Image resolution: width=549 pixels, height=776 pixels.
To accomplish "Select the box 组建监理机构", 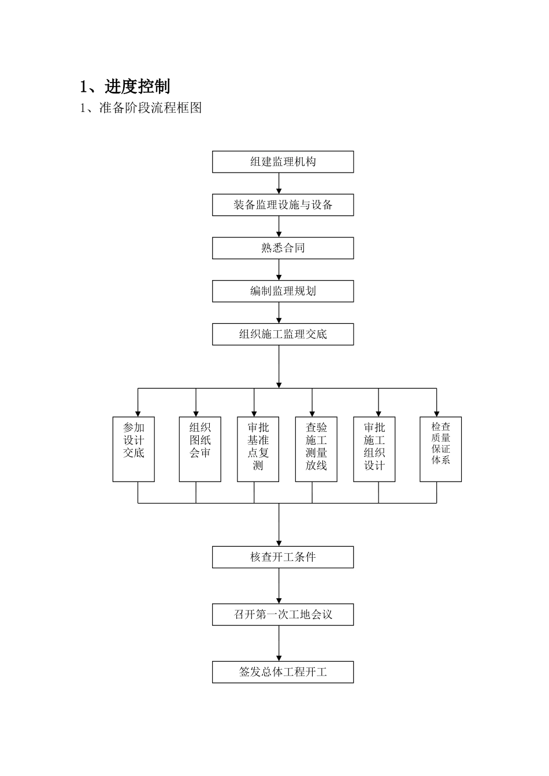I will click(x=283, y=162).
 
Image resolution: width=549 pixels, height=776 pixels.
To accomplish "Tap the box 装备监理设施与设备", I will click(x=283, y=205).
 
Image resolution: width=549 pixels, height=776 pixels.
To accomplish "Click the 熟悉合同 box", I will click(x=283, y=248).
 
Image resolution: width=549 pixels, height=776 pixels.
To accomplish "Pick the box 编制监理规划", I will click(x=283, y=291).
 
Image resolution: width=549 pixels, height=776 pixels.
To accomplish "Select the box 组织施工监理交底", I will click(x=283, y=334).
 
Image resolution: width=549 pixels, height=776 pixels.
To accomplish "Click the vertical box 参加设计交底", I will click(x=133, y=449).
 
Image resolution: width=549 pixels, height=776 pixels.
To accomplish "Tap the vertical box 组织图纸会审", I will click(x=200, y=449).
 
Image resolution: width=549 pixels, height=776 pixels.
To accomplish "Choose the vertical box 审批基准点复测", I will click(x=258, y=449).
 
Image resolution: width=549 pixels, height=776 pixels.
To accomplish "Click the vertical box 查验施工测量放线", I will click(x=316, y=449).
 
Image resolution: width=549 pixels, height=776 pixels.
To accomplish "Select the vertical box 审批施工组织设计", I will click(x=374, y=449).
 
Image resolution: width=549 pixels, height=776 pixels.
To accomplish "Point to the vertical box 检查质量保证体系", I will click(x=440, y=449).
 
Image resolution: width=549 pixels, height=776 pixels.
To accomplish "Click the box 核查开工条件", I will click(x=283, y=557).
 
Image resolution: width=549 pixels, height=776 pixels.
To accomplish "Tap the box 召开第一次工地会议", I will click(x=283, y=614).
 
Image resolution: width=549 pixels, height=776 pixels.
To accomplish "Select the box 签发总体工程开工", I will click(x=283, y=672).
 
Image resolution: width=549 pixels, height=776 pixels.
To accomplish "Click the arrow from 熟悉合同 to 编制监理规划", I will click(x=279, y=270).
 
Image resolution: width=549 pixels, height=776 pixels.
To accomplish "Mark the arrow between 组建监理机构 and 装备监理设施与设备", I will click(x=279, y=184).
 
